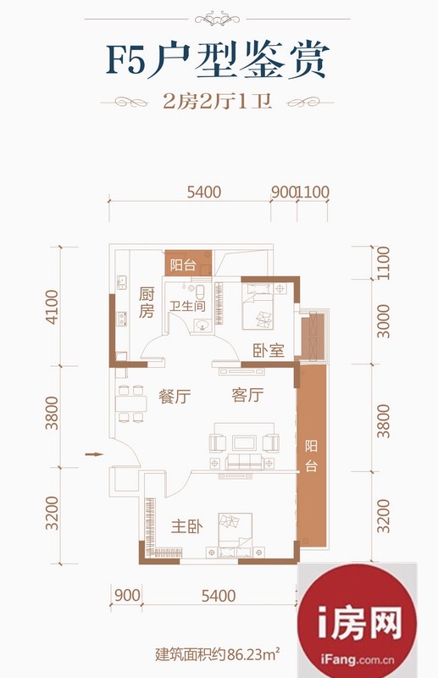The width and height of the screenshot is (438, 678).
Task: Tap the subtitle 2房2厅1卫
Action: (x=218, y=102)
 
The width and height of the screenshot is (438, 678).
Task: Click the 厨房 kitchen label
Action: (x=147, y=303)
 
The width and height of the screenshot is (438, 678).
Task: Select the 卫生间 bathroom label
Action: (x=187, y=306)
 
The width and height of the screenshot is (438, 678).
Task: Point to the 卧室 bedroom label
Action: (x=269, y=350)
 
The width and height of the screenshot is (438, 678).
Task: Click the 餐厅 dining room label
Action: (x=175, y=396)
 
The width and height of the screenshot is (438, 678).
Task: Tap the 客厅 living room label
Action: (x=247, y=395)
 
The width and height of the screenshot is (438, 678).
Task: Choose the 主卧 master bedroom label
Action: (x=187, y=526)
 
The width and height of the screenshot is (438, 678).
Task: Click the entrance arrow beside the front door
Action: (x=94, y=454)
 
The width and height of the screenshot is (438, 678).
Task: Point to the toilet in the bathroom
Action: (x=200, y=291)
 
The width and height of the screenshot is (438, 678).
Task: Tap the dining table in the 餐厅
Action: (x=131, y=403)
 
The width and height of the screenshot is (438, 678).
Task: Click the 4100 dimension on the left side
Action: (x=52, y=307)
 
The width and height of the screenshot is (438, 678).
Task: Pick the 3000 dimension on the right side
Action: (x=383, y=321)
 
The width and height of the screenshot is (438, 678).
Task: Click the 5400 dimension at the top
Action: (x=204, y=192)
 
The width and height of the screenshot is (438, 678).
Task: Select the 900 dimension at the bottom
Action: (x=127, y=596)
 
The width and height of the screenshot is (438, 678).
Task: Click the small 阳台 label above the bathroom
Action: (x=183, y=264)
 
